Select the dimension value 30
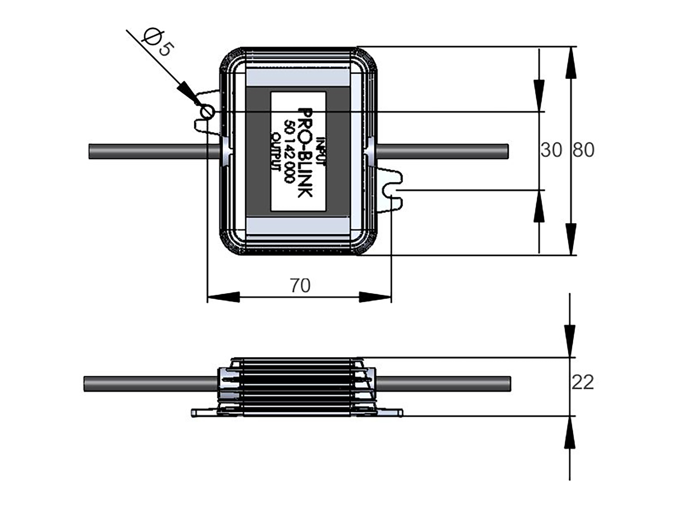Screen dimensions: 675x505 [x=551, y=150]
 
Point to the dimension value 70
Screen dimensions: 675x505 [x=300, y=285]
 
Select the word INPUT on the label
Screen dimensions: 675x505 [x=321, y=151]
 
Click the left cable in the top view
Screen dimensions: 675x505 [x=154, y=151]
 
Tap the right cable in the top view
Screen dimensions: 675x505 [x=442, y=151]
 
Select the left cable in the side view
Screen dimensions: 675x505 [x=150, y=384]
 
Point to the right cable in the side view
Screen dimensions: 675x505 [x=443, y=384]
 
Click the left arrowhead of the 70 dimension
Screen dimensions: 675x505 [x=223, y=297]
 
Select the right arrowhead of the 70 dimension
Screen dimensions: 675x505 [x=375, y=297]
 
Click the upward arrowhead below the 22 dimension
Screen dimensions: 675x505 [x=570, y=432]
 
